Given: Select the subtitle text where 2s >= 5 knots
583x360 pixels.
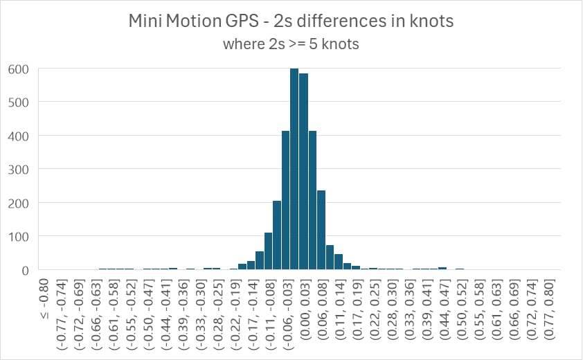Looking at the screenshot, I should [x=291, y=44].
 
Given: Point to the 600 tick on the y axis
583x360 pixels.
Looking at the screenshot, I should [x=19, y=69].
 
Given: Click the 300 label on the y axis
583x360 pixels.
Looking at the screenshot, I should [x=19, y=169].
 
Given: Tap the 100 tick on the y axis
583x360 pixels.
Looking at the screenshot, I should [x=19, y=236].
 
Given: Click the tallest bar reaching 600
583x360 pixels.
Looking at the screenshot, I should [x=294, y=169].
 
